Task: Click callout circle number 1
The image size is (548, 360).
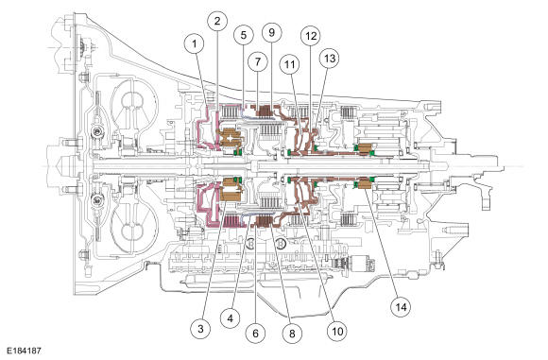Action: pos(194,44)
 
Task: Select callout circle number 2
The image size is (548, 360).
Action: pos(217,21)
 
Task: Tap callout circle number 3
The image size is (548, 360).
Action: pos(200,328)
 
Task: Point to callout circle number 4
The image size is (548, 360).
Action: pos(230,318)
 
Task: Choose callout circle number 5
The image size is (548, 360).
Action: pos(244,35)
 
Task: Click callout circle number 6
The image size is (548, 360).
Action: pos(255,334)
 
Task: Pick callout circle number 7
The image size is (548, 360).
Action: pos(258,61)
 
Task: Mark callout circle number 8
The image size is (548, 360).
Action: pos(292,334)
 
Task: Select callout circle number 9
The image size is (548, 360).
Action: pos(271,32)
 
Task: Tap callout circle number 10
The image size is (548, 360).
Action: pos(337,331)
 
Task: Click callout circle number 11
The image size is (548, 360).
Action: pos(290,64)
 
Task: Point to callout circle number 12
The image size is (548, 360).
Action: pos(311,36)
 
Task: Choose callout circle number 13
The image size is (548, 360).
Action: pos(330,58)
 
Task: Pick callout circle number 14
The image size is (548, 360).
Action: pos(401,307)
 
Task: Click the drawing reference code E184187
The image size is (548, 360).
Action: pos(24,351)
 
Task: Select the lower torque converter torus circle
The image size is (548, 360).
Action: pos(132,231)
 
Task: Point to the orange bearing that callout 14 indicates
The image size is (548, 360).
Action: pos(364,183)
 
